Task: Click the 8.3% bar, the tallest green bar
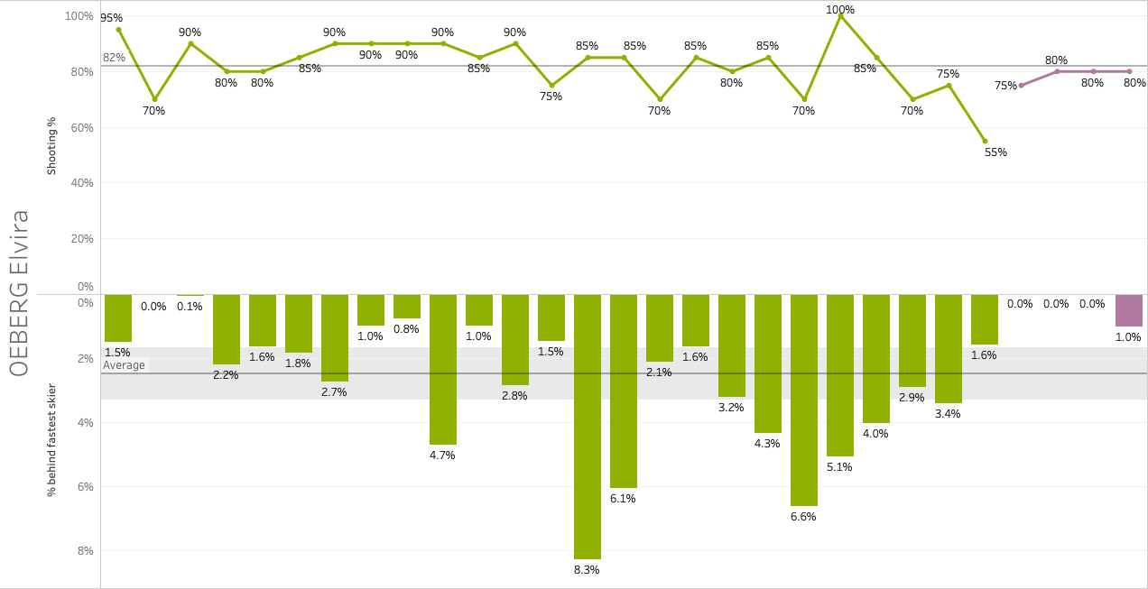click(x=588, y=427)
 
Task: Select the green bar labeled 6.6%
click(x=804, y=400)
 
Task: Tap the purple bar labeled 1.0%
click(x=1129, y=310)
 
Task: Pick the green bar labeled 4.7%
click(x=443, y=369)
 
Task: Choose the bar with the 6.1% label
click(x=624, y=391)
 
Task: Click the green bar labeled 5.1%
click(x=840, y=375)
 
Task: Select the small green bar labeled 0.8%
click(x=407, y=307)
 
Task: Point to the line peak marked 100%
click(x=840, y=15)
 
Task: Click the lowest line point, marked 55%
click(x=985, y=141)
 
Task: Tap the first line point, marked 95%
click(x=118, y=30)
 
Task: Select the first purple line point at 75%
click(x=1021, y=86)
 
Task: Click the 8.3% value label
click(x=587, y=569)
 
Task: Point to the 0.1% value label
click(x=190, y=306)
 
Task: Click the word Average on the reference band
click(x=125, y=365)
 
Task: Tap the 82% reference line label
click(x=114, y=58)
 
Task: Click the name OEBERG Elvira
click(x=20, y=293)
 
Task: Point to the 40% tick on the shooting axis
click(x=81, y=183)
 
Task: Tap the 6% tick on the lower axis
click(x=86, y=487)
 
